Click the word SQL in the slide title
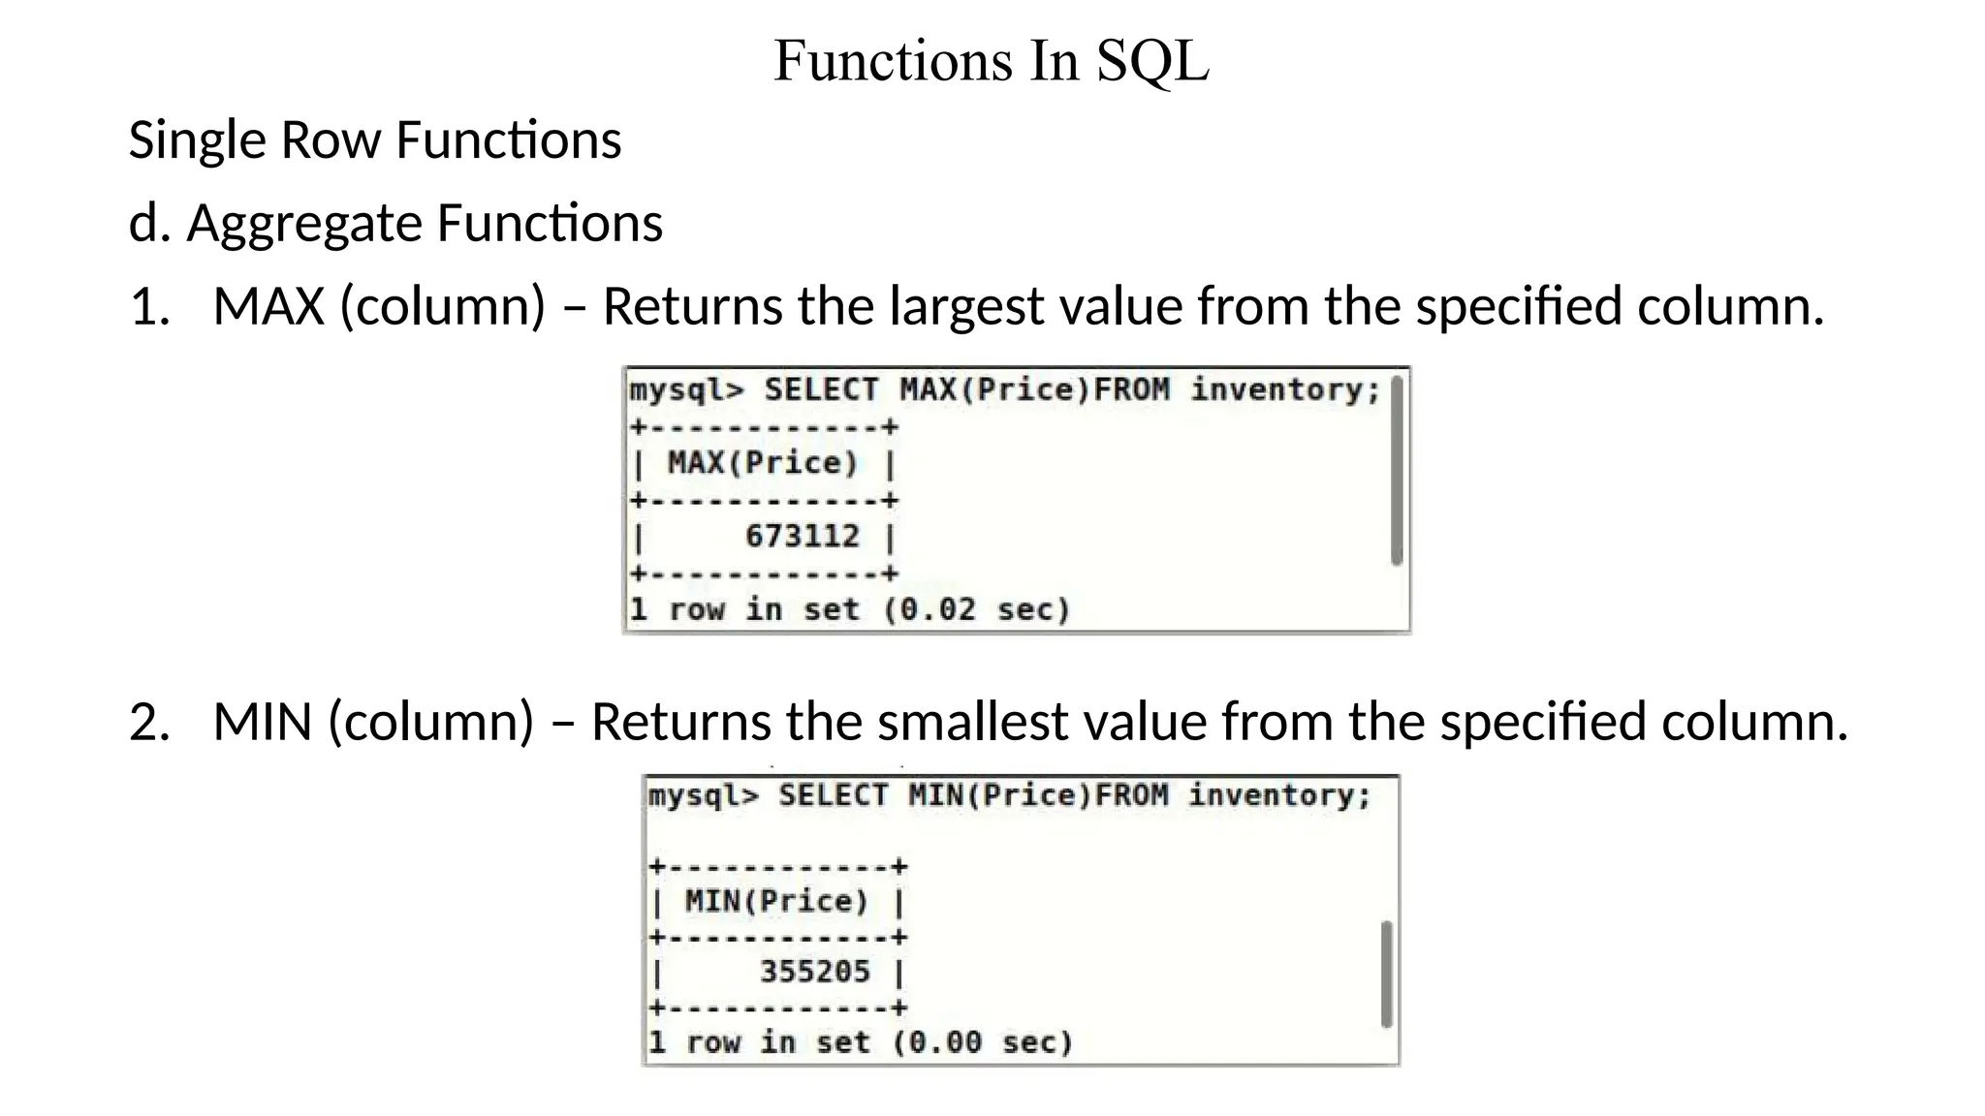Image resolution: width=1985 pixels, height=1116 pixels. coord(1152,61)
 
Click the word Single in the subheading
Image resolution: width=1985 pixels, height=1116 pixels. coord(197,140)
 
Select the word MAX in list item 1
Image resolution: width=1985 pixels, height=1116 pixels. coord(268,306)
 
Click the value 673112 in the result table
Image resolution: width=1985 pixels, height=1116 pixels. coord(802,536)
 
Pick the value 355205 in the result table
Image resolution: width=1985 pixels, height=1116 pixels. coord(814,971)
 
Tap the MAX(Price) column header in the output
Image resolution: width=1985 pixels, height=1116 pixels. coord(763,463)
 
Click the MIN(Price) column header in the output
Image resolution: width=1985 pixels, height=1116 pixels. coord(776,901)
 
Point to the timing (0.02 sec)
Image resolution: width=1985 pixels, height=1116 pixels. coord(977,609)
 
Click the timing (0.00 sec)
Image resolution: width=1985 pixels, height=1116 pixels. coord(983,1042)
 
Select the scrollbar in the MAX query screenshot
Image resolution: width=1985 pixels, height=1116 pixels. coord(1396,471)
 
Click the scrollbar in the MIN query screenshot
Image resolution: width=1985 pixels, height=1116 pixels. coord(1386,974)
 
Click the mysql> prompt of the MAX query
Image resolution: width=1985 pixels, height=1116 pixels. coord(687,390)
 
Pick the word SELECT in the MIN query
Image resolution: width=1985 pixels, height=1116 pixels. coord(833,795)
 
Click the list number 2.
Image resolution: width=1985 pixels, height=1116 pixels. coord(148,722)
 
